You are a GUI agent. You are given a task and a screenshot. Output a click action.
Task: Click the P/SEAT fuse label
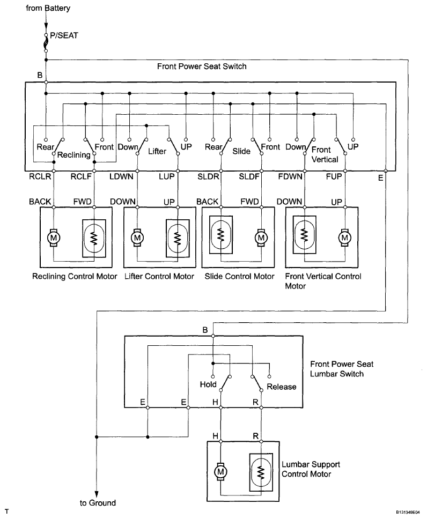64,35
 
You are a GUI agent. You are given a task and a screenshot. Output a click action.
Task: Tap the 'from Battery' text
48,8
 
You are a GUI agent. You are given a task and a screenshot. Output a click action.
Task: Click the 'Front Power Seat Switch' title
202,66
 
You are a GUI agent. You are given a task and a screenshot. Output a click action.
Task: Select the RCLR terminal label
40,176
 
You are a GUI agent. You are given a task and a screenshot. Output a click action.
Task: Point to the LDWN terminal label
121,176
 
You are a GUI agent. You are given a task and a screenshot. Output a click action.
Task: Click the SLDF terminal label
249,176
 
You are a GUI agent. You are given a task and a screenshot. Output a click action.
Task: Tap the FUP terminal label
334,176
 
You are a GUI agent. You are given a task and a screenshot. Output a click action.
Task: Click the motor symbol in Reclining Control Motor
53,238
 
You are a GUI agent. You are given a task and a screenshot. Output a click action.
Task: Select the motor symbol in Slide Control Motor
261,238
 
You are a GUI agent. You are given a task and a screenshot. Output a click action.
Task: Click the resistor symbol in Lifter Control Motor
178,238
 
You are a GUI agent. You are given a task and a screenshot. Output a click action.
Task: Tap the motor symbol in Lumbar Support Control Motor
220,472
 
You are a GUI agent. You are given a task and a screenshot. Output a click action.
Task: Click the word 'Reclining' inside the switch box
73,155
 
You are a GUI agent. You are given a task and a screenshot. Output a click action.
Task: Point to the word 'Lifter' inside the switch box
157,151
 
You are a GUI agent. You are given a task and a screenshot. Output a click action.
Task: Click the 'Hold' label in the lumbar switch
208,384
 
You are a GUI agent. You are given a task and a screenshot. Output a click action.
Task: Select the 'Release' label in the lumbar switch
282,387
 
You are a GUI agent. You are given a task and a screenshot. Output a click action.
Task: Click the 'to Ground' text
98,503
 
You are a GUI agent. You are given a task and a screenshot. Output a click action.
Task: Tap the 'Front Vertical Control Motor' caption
323,281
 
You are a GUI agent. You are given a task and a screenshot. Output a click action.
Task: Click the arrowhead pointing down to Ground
97,493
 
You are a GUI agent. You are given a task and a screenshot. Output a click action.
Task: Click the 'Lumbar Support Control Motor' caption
311,469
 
